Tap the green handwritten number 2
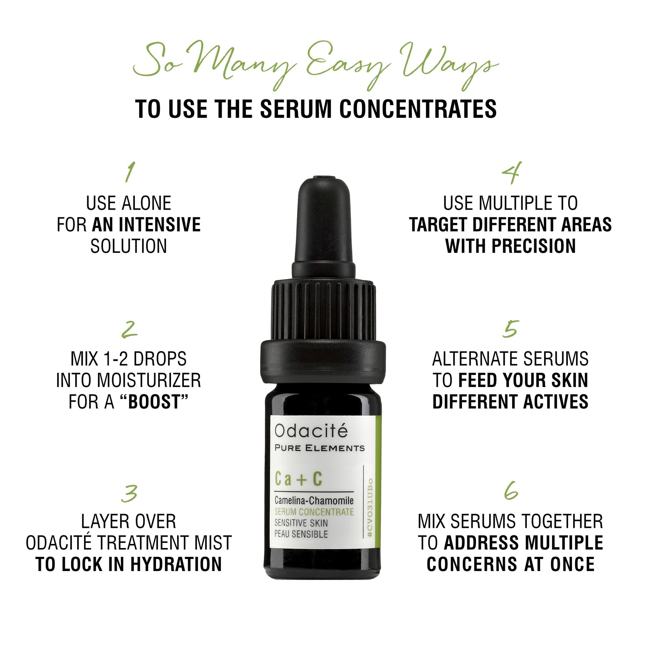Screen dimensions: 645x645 pos(129,329)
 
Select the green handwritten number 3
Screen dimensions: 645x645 pos(129,494)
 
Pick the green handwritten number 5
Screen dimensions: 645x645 pos(511,329)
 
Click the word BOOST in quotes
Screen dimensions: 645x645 pos(154,402)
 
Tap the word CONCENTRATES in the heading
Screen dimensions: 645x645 pos(418,109)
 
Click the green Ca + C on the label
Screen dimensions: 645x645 pos(299,478)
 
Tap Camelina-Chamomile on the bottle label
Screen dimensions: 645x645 pos(314,500)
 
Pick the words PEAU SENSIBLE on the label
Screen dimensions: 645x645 pos(301,534)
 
